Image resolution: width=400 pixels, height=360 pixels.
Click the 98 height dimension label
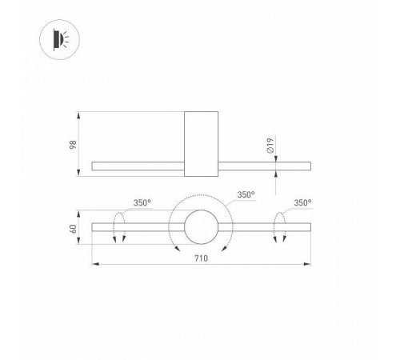pyautogui.click(x=73, y=145)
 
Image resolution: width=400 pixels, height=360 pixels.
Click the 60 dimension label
pyautogui.click(x=73, y=229)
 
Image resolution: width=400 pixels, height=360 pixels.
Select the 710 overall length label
pyautogui.click(x=201, y=258)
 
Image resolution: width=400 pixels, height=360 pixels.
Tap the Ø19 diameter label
pyautogui.click(x=270, y=146)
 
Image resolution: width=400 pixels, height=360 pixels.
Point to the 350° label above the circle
pyautogui.click(x=246, y=194)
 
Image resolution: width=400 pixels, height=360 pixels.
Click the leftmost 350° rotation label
pyautogui.click(x=142, y=203)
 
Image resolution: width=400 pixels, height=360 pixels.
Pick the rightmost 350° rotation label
pyautogui.click(x=302, y=203)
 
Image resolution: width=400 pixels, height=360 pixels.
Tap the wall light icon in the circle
pyautogui.click(x=61, y=39)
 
